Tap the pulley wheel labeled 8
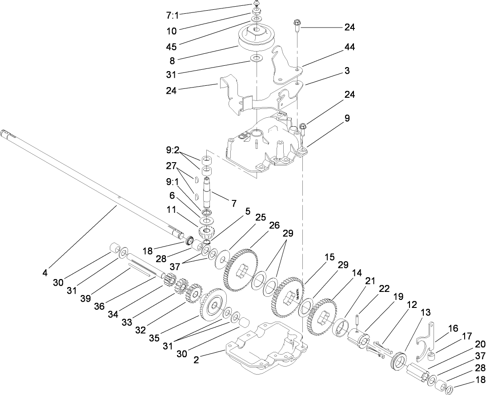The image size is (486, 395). coord(258,39)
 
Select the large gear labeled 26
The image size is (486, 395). coord(241,271)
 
